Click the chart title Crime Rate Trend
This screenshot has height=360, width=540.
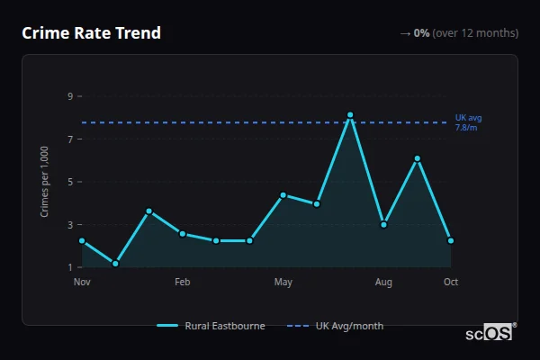point(91,33)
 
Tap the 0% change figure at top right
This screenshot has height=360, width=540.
point(421,33)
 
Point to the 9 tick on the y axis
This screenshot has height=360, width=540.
point(69,96)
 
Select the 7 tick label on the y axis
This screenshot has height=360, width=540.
point(69,139)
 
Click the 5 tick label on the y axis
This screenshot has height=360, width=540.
point(69,182)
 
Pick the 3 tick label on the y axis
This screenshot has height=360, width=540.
point(69,225)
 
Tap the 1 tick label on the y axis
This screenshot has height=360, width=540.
point(69,267)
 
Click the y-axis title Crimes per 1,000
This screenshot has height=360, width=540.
point(45,182)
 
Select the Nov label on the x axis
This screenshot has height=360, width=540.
point(82,283)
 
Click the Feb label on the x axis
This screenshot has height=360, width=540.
point(183,283)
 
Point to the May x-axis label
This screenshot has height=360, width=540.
point(283,283)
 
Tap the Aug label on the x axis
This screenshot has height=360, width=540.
point(383,283)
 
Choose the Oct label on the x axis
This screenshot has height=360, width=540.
point(451,283)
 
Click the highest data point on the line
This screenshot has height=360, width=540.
point(350,115)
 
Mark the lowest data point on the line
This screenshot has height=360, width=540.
point(115,264)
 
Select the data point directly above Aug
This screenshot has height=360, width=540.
point(383,224)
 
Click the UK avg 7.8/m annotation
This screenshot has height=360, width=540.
point(468,122)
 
